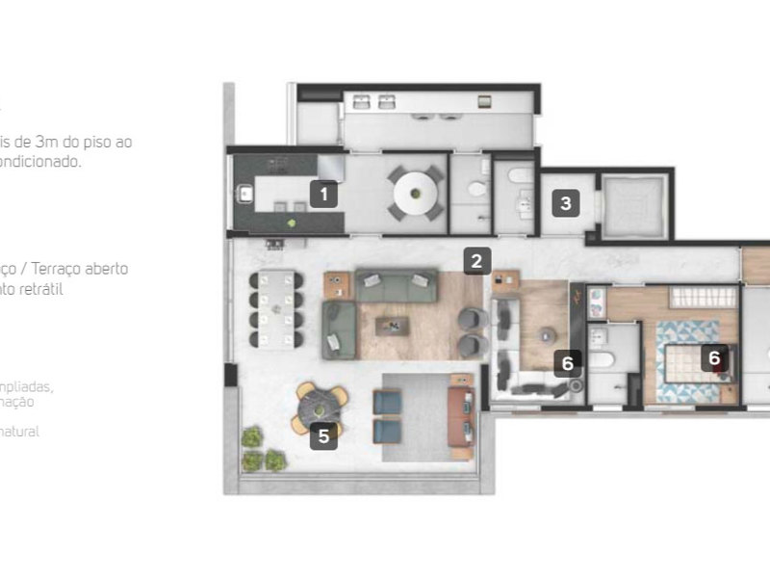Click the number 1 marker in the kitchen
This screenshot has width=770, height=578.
(323, 195)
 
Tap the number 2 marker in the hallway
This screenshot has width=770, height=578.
(476, 259)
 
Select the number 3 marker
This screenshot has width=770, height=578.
(566, 203)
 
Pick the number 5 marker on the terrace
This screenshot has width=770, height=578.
(323, 436)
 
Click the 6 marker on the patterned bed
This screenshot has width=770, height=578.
(714, 358)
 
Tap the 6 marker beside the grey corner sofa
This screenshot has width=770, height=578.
(568, 363)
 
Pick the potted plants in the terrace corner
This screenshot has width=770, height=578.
(263, 449)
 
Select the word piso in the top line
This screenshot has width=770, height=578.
(96, 142)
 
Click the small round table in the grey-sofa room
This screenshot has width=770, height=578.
(547, 333)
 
